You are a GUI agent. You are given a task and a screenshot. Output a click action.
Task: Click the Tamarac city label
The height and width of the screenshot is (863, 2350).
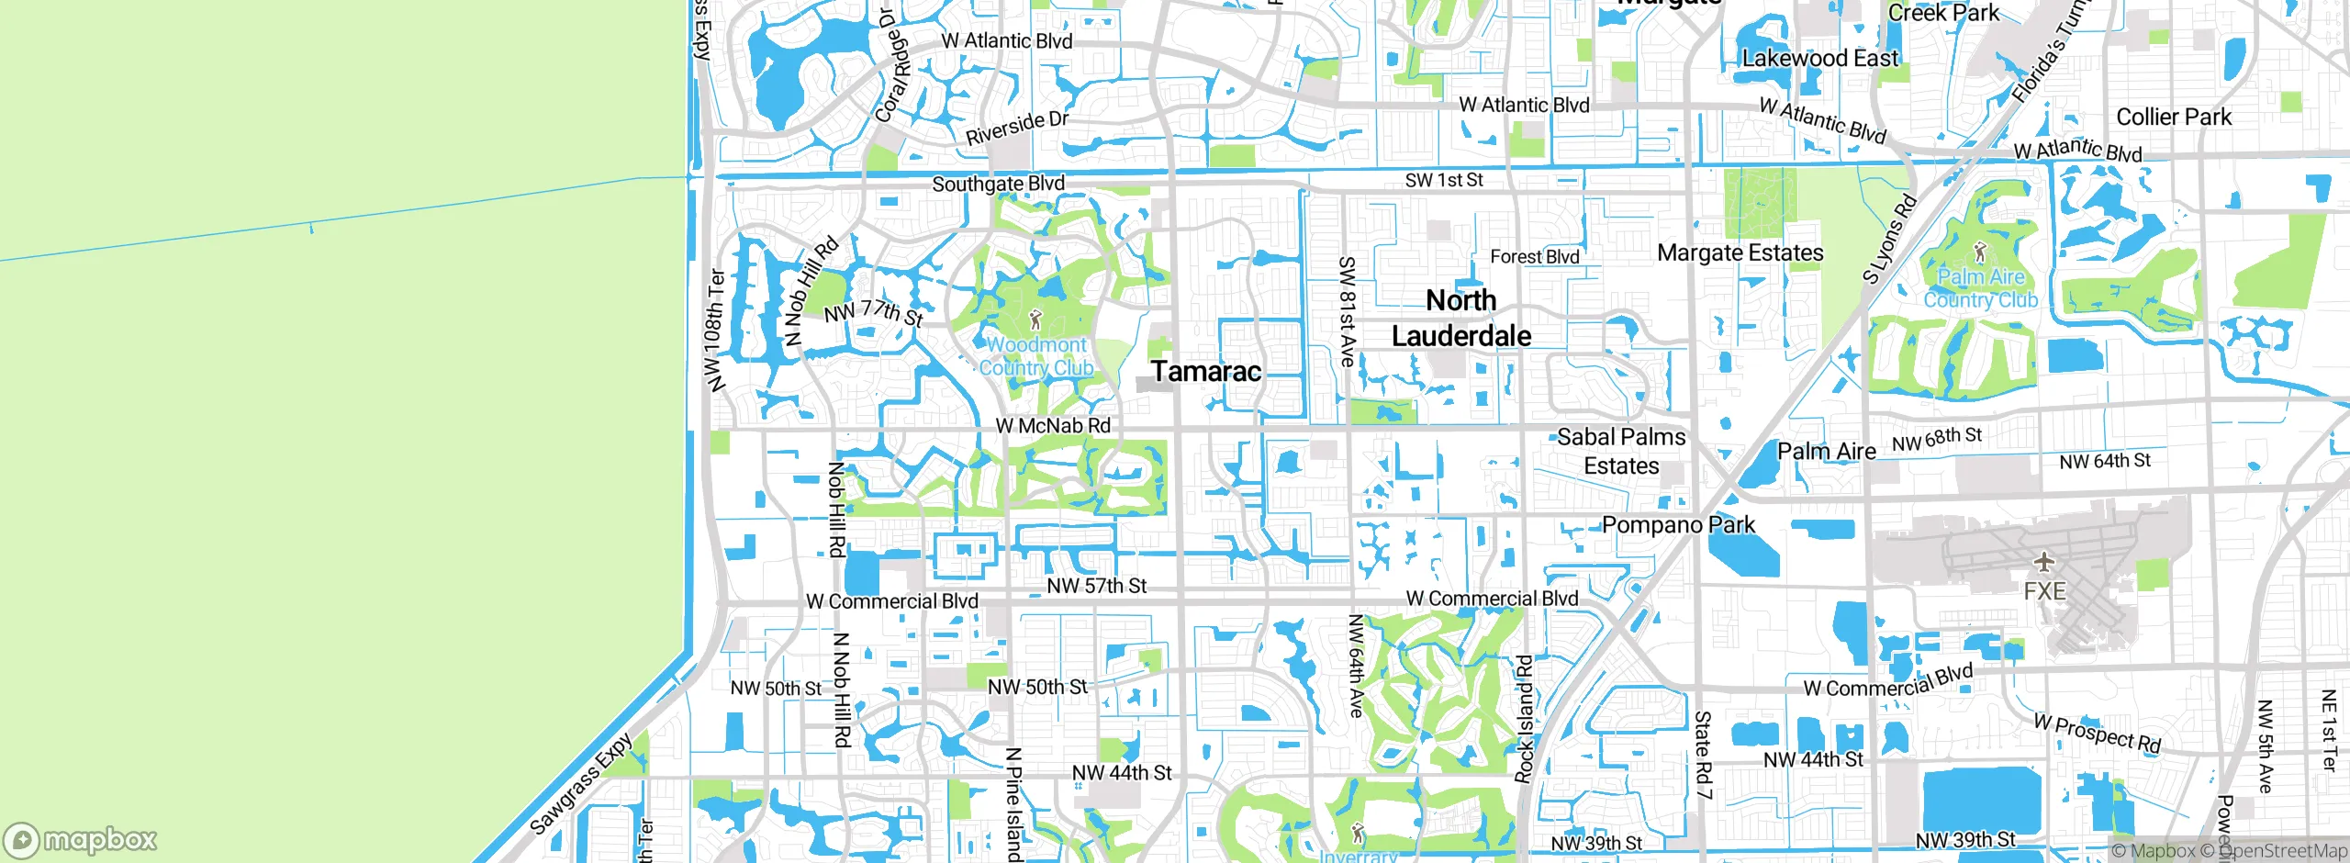(x=1205, y=372)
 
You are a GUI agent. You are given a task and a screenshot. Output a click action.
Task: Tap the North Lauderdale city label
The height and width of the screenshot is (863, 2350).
(x=1460, y=318)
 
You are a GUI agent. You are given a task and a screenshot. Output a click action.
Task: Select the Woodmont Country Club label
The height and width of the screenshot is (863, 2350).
(x=1036, y=356)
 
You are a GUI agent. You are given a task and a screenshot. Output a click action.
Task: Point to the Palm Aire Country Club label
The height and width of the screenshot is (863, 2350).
(x=1980, y=288)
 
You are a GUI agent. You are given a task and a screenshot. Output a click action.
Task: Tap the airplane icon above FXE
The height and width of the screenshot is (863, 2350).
(x=2043, y=561)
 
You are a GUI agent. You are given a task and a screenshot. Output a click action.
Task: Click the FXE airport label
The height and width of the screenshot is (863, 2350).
(x=2044, y=591)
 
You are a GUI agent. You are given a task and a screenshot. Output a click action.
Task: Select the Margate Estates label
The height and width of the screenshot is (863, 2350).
(x=1740, y=252)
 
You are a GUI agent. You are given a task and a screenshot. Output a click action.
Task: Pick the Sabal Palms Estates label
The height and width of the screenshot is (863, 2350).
(x=1621, y=451)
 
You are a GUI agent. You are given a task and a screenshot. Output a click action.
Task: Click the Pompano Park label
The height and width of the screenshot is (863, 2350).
(x=1678, y=525)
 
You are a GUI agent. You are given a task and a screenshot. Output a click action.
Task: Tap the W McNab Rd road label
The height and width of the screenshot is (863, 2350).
(x=1053, y=426)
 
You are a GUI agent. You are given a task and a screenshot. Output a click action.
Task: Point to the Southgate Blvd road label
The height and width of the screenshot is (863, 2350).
(x=998, y=184)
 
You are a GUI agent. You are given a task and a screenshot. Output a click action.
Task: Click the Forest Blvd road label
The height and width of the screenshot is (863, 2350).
(x=1534, y=257)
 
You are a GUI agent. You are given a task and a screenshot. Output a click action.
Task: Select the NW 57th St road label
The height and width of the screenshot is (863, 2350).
(x=1096, y=586)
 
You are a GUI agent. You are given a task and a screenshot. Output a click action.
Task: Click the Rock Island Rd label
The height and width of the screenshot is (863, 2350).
(x=1524, y=719)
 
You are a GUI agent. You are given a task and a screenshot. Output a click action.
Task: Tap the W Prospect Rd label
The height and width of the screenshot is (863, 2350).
(x=2097, y=733)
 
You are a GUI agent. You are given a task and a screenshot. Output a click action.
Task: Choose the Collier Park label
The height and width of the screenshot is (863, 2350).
(x=2173, y=118)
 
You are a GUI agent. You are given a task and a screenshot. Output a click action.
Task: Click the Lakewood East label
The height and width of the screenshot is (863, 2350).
(x=1819, y=59)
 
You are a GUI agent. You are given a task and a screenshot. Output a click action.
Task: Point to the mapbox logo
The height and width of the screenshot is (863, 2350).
(x=81, y=840)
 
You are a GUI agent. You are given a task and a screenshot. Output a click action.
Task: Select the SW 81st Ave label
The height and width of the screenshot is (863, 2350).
(x=1347, y=311)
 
